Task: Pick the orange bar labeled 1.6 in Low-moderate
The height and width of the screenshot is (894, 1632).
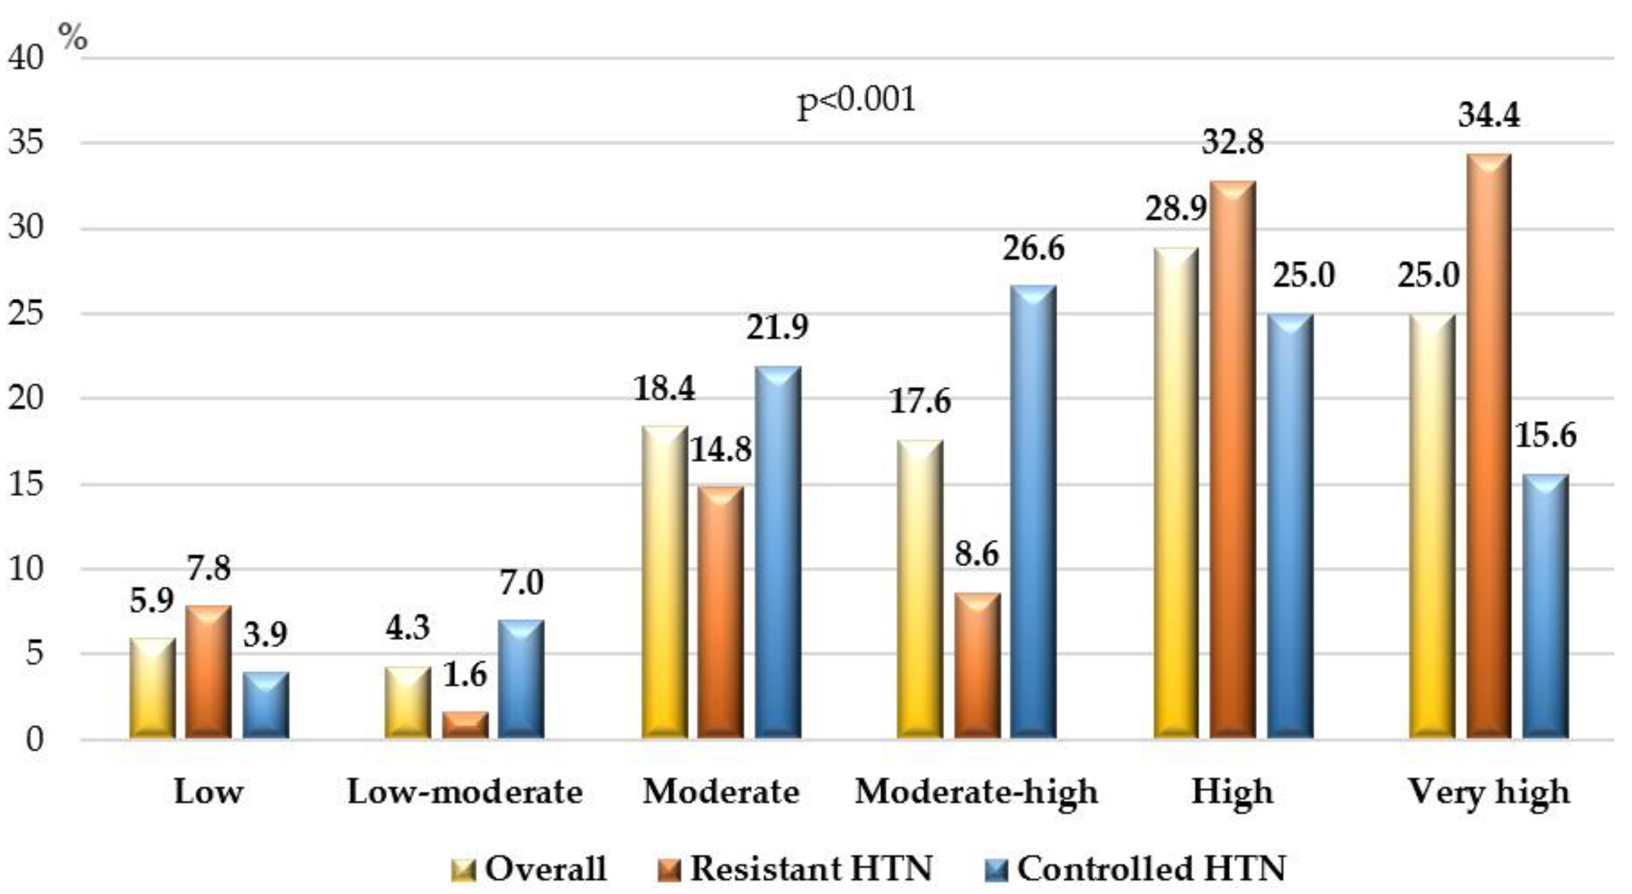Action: click(465, 725)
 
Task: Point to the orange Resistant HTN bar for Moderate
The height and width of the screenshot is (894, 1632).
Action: click(721, 612)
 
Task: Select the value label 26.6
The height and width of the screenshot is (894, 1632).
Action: click(1033, 248)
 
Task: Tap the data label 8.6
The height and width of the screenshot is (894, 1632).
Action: click(976, 554)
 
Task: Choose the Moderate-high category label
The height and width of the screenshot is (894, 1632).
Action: click(976, 792)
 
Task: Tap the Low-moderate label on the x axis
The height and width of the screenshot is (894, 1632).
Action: click(465, 792)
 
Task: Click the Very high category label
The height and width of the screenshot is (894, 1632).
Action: click(1488, 792)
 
